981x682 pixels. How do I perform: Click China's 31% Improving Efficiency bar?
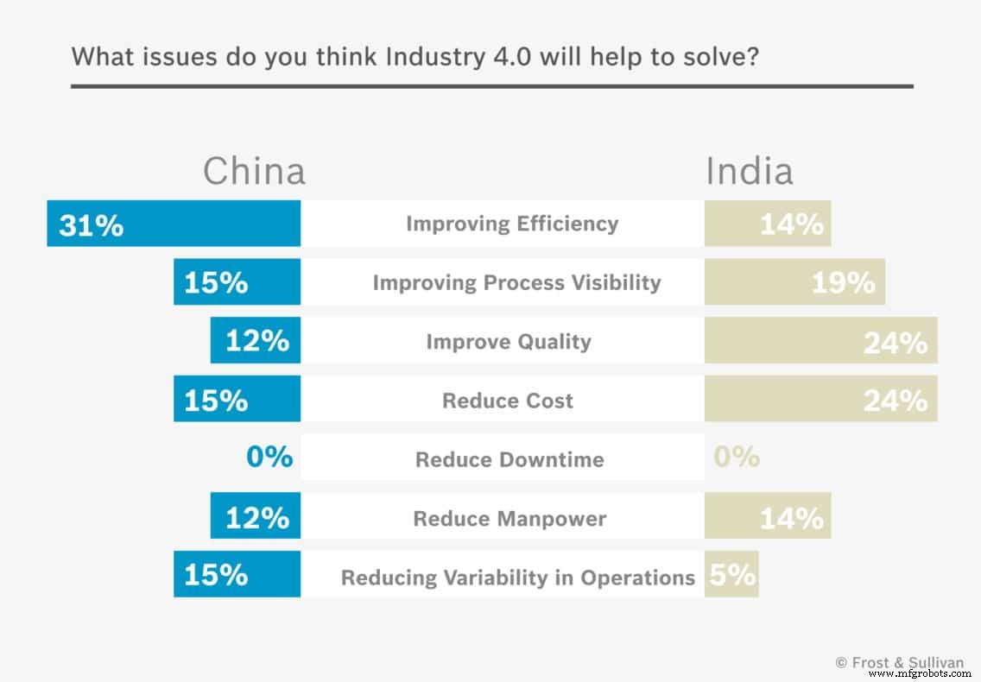point(174,224)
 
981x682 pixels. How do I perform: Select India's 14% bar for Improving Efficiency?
point(768,224)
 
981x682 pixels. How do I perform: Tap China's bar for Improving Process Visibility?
point(237,282)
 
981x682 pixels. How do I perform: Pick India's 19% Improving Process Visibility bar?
point(794,282)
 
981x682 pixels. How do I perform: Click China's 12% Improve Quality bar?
point(256,341)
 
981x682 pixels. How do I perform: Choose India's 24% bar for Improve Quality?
point(820,341)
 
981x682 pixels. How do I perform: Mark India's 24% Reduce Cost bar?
point(820,400)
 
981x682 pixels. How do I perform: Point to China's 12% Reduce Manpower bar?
point(256,518)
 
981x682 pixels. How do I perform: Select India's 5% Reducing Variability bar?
point(731,575)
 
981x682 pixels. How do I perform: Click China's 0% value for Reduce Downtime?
point(269,457)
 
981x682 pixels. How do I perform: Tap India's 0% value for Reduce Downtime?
point(737,457)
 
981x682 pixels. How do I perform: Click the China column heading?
point(254,171)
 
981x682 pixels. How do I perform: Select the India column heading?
point(749,171)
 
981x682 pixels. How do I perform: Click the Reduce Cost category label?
point(508,401)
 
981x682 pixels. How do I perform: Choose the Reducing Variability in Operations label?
point(517,578)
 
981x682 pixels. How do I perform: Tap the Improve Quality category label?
point(509,342)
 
